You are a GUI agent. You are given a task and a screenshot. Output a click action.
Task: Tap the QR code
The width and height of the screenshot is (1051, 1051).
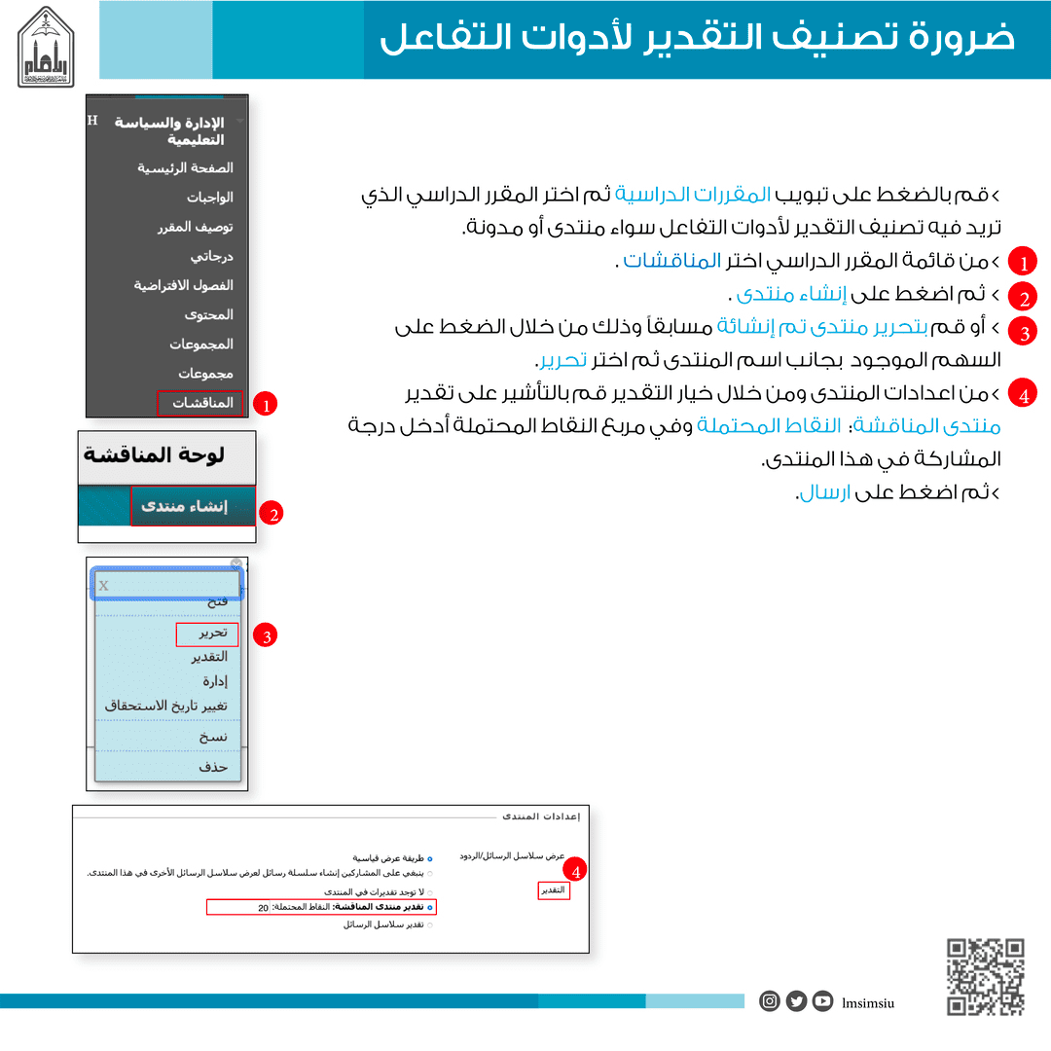[x=986, y=976]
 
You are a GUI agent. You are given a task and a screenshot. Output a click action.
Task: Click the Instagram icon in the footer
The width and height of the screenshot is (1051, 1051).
[x=770, y=1000]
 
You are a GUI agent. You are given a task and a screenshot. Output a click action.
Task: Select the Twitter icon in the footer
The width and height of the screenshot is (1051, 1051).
[x=796, y=1000]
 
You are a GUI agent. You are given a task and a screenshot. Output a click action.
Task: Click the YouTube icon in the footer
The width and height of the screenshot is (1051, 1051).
[x=823, y=1000]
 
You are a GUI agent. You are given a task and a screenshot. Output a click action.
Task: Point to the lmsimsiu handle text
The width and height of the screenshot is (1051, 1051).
[x=868, y=1001]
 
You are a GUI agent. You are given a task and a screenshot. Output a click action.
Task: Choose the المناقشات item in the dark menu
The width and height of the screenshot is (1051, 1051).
[x=202, y=403]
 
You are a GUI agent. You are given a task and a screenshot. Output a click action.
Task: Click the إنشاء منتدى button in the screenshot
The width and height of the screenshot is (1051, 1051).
[x=184, y=506]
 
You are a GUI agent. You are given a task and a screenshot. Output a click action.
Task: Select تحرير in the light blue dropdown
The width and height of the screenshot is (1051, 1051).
[x=213, y=634]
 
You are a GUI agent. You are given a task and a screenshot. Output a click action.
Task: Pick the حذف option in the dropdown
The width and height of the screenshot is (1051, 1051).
[x=213, y=767]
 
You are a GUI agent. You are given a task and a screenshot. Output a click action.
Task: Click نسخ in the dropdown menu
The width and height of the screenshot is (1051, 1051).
[x=213, y=737]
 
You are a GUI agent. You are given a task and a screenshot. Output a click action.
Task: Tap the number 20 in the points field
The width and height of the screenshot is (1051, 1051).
[x=263, y=908]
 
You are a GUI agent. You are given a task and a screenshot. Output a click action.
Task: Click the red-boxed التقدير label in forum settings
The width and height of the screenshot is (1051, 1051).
[x=554, y=890]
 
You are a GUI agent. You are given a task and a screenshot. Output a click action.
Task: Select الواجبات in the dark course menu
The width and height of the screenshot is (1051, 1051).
[x=210, y=198]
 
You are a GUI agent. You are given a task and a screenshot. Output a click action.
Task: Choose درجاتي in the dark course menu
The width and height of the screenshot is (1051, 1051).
[x=212, y=257]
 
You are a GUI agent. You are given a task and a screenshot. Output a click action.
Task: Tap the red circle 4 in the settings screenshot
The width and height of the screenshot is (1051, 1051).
[x=578, y=871]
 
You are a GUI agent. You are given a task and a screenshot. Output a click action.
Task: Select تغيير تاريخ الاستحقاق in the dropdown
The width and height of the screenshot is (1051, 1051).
[x=166, y=706]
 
